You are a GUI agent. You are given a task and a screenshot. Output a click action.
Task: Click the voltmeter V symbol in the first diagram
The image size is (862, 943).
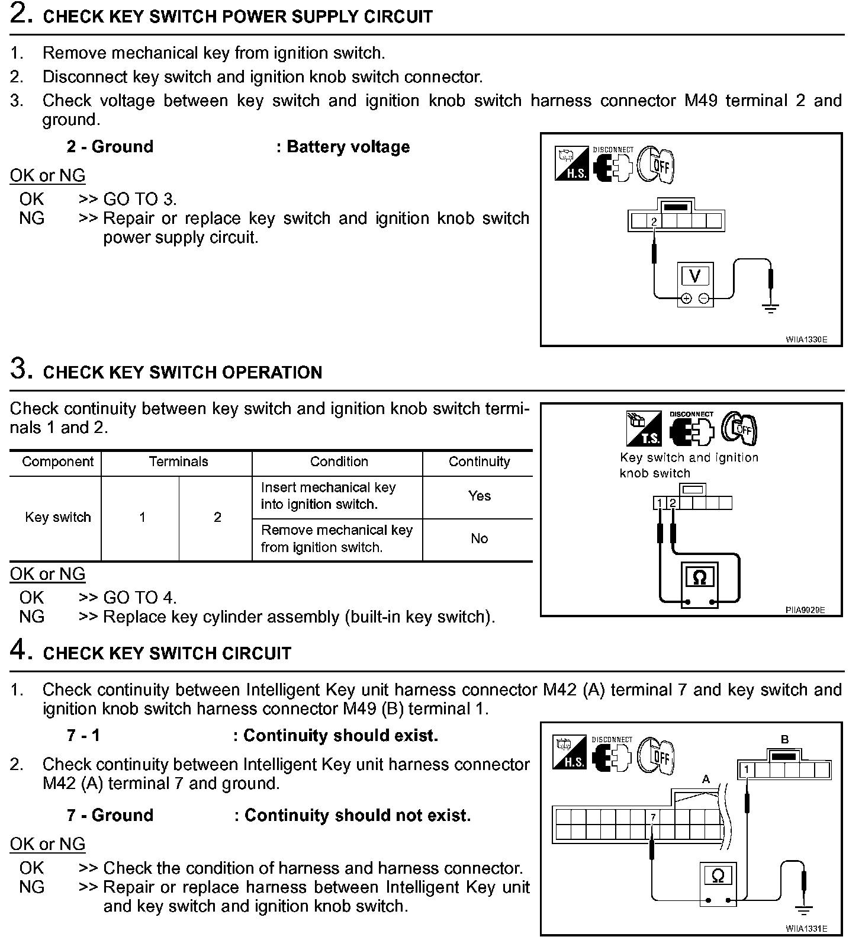[695, 277]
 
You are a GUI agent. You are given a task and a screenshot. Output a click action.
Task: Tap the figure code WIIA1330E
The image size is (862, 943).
[806, 340]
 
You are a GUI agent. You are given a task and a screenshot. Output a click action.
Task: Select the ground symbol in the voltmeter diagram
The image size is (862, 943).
[770, 307]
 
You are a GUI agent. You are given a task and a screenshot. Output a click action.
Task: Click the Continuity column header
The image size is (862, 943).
[479, 462]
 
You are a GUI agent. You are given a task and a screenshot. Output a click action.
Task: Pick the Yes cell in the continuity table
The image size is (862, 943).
[479, 496]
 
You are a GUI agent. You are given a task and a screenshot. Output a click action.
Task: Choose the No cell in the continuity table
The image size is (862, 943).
[479, 539]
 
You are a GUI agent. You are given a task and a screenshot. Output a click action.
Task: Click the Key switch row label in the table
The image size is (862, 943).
[58, 517]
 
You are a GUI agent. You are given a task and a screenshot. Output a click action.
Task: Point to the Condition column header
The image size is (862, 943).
[339, 462]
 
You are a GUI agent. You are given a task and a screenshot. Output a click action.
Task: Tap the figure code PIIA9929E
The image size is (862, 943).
[805, 610]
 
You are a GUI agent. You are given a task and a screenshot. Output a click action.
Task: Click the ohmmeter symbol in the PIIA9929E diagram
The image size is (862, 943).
[699, 578]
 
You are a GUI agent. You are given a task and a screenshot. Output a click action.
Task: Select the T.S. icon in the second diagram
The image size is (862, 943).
[644, 429]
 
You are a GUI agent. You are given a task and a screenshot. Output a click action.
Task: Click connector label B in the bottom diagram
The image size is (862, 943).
[785, 739]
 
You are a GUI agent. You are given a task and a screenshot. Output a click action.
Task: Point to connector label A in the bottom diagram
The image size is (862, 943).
[706, 780]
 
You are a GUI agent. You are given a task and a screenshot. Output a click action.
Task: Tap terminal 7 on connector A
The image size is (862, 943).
[653, 817]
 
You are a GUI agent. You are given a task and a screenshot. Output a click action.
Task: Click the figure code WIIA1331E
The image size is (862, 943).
[806, 929]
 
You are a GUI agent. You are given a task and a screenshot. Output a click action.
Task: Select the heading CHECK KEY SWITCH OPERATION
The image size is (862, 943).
[182, 373]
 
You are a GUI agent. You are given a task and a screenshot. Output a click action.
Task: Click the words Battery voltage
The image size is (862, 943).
[348, 147]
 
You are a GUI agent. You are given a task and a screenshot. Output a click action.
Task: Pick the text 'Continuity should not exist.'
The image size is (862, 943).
[358, 816]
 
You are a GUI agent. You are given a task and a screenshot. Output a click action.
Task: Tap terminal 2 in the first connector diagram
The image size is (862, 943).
[654, 222]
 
